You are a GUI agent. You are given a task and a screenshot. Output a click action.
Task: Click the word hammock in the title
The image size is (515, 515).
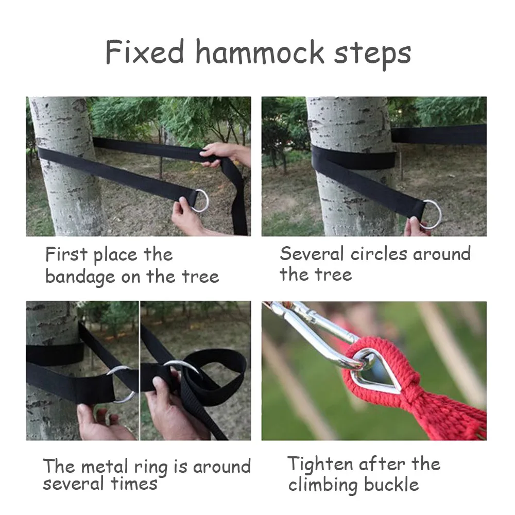pyautogui.click(x=260, y=53)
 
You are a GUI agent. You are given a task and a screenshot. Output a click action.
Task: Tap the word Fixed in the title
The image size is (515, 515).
pyautogui.click(x=145, y=52)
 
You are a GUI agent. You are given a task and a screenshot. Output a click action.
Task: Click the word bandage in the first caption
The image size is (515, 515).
pyautogui.click(x=80, y=277)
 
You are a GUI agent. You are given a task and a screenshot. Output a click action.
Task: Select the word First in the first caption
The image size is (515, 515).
pyautogui.click(x=66, y=254)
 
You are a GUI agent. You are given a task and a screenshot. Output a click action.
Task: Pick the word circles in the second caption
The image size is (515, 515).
pyautogui.click(x=379, y=254)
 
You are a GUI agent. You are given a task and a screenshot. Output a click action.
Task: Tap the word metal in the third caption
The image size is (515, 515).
pyautogui.click(x=105, y=466)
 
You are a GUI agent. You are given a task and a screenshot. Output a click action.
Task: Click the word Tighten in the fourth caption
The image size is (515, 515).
pyautogui.click(x=320, y=465)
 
